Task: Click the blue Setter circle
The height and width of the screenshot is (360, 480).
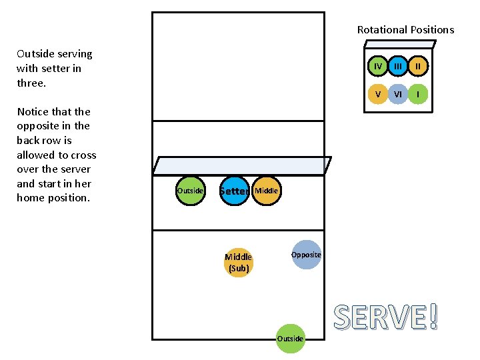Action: [x=234, y=191]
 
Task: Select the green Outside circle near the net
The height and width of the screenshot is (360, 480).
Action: [x=190, y=191]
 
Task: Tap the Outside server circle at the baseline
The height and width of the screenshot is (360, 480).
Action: [x=290, y=338]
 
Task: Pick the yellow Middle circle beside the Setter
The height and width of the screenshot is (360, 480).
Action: [x=266, y=191]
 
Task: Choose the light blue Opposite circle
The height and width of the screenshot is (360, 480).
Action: [x=306, y=255]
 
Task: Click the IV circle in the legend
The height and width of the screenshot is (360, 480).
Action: [x=378, y=67]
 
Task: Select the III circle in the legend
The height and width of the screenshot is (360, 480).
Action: [x=398, y=67]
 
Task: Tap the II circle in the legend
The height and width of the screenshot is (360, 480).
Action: [x=418, y=67]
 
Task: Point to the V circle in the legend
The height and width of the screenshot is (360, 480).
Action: [x=378, y=94]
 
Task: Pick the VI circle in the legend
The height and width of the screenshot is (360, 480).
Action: [x=398, y=94]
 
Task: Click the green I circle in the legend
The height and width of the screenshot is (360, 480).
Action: [x=418, y=94]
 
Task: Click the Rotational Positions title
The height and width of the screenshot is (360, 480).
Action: [x=405, y=29]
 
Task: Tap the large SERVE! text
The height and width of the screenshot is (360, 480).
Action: [x=386, y=317]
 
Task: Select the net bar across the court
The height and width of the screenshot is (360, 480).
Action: [x=241, y=166]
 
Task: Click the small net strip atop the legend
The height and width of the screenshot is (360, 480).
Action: [x=399, y=45]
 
